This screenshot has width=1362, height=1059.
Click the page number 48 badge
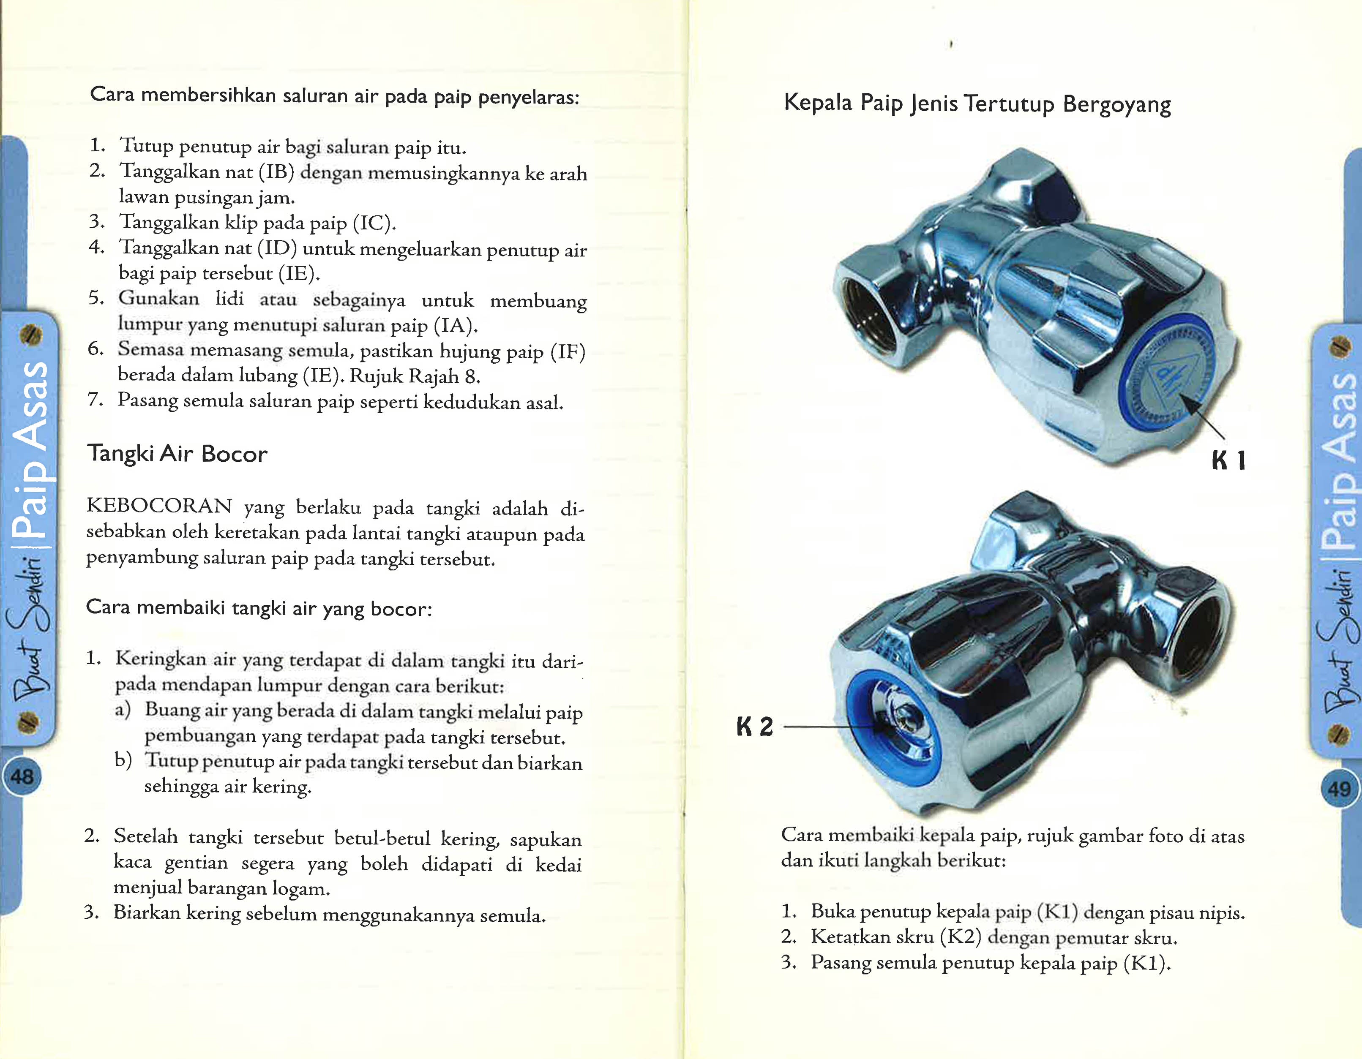coord(22,777)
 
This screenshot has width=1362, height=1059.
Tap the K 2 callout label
coord(755,726)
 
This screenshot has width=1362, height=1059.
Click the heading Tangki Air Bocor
coord(177,453)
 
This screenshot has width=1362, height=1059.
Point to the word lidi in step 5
coord(229,299)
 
